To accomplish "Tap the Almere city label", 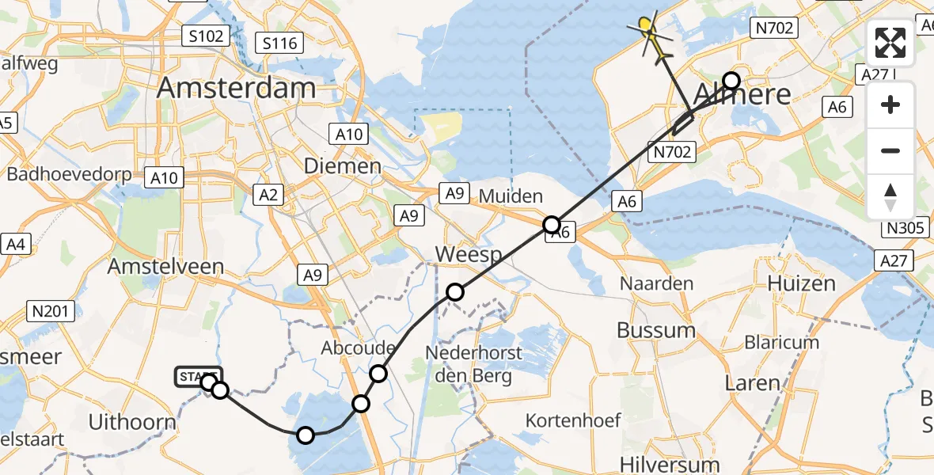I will (742, 95).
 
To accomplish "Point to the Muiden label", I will (511, 196).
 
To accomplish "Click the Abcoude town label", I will (358, 348).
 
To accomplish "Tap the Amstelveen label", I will (167, 266).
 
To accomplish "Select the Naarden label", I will (656, 283).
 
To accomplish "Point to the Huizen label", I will (802, 283).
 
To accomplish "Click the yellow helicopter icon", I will (649, 29).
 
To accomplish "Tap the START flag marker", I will (198, 377).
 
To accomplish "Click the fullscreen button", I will (890, 44).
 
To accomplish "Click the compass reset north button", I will (890, 196).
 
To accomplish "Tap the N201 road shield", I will (51, 311).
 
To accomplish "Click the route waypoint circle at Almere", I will (731, 81).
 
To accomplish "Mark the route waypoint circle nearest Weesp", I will (454, 292).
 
